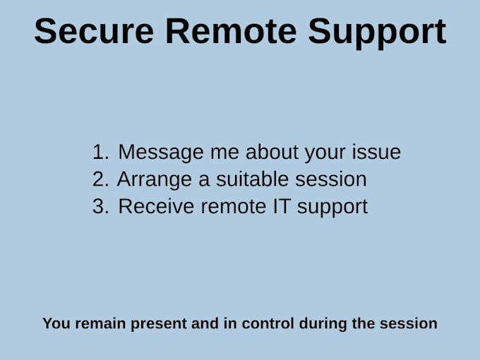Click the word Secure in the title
click(94, 31)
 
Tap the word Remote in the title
click(231, 31)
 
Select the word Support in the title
click(377, 33)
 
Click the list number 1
click(100, 152)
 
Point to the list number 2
click(100, 179)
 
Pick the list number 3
click(100, 206)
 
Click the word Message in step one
click(161, 152)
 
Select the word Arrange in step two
click(155, 180)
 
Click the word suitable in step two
click(252, 179)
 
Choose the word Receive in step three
click(156, 206)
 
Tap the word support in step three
click(332, 208)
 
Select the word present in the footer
click(159, 325)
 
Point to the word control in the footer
click(268, 323)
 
